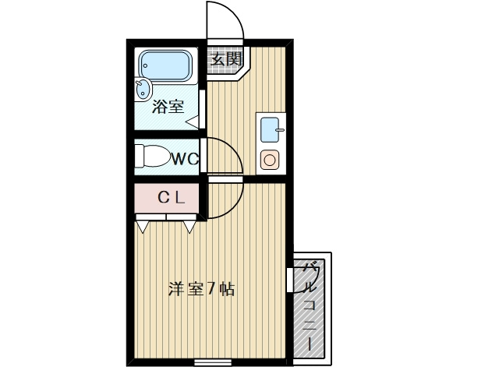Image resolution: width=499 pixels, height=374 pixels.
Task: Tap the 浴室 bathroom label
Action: point(168,107)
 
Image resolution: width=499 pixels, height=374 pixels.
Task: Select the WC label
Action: point(186,159)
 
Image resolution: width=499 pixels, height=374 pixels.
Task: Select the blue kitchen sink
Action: point(270,127)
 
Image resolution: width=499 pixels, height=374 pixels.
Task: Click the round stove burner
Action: point(270,161)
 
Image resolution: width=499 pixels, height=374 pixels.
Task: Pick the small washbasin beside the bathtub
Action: point(143,89)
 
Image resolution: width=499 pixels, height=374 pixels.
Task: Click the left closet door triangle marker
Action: point(143,227)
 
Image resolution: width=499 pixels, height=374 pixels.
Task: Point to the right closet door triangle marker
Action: point(189,227)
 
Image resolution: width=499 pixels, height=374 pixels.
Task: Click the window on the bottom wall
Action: point(212,362)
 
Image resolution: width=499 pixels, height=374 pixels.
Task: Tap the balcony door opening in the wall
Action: point(290,280)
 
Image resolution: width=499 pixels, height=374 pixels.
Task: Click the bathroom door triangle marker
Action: point(192,122)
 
